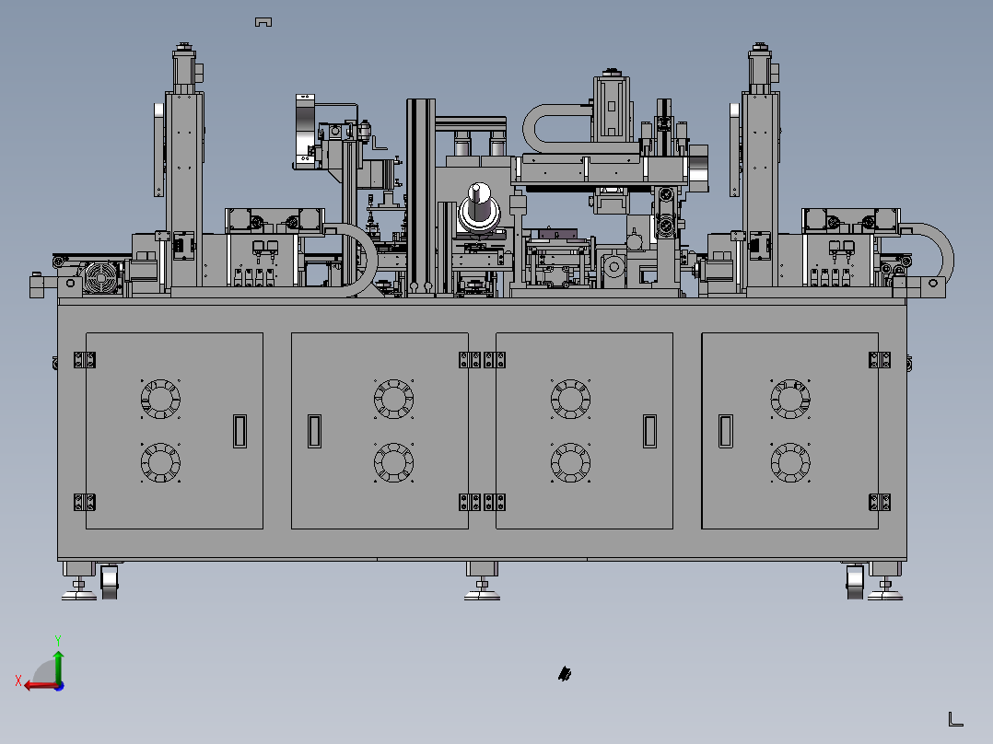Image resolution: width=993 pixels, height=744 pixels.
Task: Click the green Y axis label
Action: tap(58, 640)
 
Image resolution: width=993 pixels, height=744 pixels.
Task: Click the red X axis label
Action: tap(18, 680)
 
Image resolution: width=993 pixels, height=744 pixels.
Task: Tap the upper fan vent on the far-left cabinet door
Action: tap(160, 399)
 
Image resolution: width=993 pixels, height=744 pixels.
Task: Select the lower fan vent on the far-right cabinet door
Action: tap(790, 462)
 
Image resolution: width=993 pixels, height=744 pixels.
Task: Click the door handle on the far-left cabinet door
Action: tap(240, 431)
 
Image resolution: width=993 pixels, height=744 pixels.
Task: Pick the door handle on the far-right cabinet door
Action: tap(726, 431)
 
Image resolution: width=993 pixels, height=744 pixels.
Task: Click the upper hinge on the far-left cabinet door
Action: tap(84, 360)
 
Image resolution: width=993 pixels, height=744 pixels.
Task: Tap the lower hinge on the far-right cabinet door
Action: tap(880, 502)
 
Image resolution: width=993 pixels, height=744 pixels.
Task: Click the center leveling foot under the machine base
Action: tap(482, 581)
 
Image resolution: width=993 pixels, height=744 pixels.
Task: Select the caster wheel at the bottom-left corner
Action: tap(110, 581)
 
